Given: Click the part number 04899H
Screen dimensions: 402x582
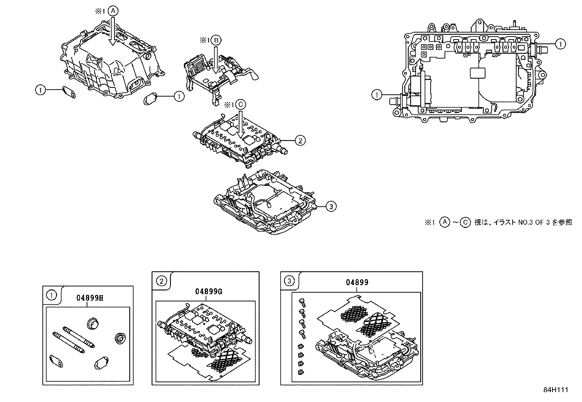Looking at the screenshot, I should [x=90, y=298].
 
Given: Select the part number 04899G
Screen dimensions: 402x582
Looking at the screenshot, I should [x=209, y=292].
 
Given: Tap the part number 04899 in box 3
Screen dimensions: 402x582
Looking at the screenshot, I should [x=357, y=282].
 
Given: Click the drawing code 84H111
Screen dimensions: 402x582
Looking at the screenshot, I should [x=555, y=390].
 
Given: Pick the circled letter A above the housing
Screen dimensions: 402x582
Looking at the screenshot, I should [x=113, y=11].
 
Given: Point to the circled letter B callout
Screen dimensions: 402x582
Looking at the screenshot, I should [x=216, y=41].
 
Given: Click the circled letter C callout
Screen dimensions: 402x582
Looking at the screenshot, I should [x=240, y=105].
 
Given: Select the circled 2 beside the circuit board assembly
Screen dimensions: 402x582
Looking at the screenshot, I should [x=300, y=140].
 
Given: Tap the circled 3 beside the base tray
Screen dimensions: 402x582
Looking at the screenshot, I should [x=331, y=207].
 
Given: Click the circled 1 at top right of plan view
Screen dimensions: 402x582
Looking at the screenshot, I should [x=560, y=44].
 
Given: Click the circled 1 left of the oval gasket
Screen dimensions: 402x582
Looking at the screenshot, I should [x=40, y=90].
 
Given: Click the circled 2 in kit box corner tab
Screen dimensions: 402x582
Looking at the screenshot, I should [x=161, y=281].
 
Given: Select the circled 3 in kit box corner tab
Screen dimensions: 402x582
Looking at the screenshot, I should [x=289, y=281].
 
